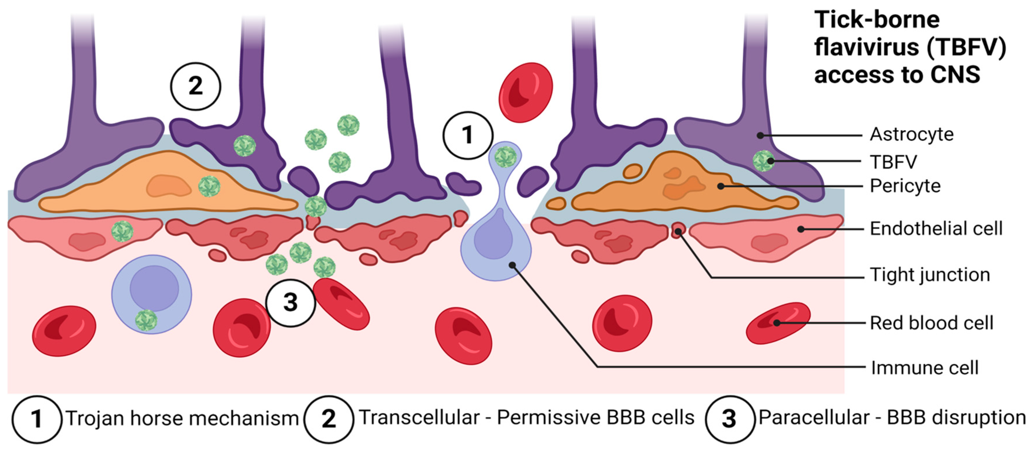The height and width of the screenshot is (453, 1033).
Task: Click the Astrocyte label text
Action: (x=911, y=135)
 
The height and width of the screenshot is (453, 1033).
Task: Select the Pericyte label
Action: (x=905, y=186)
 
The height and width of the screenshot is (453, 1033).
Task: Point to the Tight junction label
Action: (x=930, y=275)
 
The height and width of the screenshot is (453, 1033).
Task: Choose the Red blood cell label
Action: (x=931, y=323)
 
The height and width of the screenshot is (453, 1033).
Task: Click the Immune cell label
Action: (x=924, y=368)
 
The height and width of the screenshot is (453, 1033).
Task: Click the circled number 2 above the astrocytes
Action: (x=195, y=86)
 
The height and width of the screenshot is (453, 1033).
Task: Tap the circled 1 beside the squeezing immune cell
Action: (x=467, y=135)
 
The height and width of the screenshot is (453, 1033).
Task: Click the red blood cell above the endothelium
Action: (x=525, y=92)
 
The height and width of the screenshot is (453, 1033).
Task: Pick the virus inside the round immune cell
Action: (x=146, y=320)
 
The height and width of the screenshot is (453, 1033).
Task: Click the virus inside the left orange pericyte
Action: (x=209, y=186)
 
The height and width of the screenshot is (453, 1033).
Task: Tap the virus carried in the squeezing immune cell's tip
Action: (x=505, y=157)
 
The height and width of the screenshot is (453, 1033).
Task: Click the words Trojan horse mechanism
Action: (x=182, y=418)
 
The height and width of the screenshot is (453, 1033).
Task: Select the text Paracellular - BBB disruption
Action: (x=892, y=417)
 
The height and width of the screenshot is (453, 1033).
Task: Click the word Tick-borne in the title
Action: (x=877, y=20)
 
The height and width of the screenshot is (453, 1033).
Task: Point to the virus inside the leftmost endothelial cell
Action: (x=122, y=231)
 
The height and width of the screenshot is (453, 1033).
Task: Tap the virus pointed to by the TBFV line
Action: (x=763, y=161)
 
